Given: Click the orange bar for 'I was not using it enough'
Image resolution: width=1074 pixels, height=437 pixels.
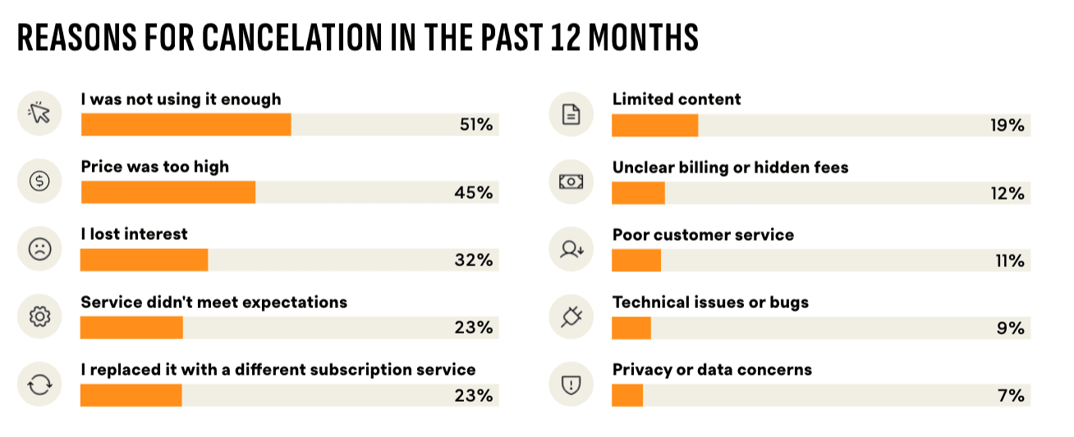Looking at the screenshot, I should tap(186, 125).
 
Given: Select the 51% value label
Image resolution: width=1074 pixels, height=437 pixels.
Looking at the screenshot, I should tap(475, 125).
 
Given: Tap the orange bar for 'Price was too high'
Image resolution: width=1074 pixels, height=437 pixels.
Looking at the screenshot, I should tap(168, 192).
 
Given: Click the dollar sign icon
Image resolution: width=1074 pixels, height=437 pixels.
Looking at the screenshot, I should tap(39, 182).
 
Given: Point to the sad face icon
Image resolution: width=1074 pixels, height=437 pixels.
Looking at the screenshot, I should tap(39, 249).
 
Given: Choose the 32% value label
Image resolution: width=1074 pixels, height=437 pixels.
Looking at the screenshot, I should tap(475, 260).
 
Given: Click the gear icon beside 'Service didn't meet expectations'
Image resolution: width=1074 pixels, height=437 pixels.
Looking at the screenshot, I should tap(39, 317).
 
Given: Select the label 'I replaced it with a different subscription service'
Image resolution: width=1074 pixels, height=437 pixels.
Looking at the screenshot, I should tap(278, 370).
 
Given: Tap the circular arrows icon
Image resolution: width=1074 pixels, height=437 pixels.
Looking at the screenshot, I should tap(39, 384).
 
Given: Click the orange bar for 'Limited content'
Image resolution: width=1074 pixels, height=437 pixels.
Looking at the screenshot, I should tap(655, 126).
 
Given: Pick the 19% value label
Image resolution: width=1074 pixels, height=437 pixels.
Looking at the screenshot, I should tap(1007, 126).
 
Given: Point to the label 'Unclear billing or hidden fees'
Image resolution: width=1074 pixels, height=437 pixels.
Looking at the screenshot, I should tap(730, 168).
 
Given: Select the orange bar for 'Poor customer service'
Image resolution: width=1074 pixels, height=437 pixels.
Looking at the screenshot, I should tap(636, 260).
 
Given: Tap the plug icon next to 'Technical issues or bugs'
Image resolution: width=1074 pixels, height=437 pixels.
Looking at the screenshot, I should tap(571, 317).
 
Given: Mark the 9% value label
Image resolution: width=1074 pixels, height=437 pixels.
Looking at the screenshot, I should tap(1011, 328).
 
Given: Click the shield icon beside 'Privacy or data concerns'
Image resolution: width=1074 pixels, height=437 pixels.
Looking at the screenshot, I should tap(571, 384).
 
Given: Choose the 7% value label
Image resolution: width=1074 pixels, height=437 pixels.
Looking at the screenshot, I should tap(1012, 395).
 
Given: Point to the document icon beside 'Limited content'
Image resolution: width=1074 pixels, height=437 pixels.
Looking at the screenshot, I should tap(571, 114).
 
